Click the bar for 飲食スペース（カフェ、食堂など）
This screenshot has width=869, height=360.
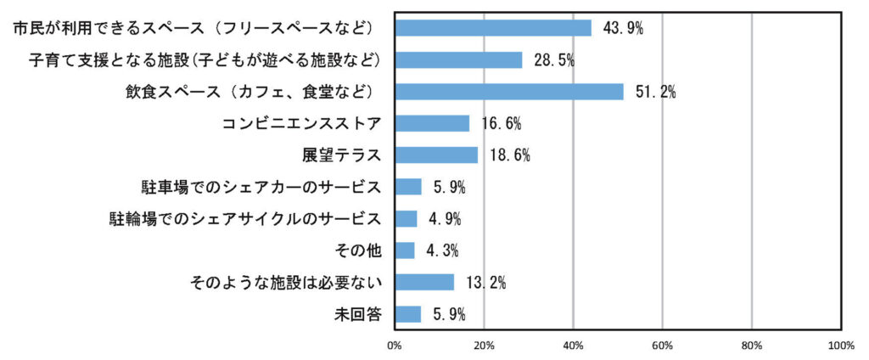point(509,92)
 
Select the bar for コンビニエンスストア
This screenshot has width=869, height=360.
point(432,123)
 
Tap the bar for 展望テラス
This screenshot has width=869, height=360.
point(436,155)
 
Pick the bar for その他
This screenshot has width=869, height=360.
point(405,250)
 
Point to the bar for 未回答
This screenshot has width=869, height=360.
point(408,314)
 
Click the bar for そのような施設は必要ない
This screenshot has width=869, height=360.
point(424,282)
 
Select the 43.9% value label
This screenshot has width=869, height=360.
point(623,28)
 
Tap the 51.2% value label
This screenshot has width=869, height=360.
point(655,92)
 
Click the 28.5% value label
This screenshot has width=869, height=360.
point(554,60)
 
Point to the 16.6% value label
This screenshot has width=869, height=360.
point(501,124)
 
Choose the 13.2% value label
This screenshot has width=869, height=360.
point(485,283)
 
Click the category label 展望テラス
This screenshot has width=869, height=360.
point(342,155)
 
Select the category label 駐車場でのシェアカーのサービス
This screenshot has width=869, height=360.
point(261,187)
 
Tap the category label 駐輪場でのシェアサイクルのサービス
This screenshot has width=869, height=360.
point(245,219)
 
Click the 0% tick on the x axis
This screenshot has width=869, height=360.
point(395,346)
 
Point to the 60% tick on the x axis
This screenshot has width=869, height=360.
point(662,346)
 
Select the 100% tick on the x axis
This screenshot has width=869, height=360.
point(840,346)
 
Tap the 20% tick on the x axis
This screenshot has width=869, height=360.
point(484,346)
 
